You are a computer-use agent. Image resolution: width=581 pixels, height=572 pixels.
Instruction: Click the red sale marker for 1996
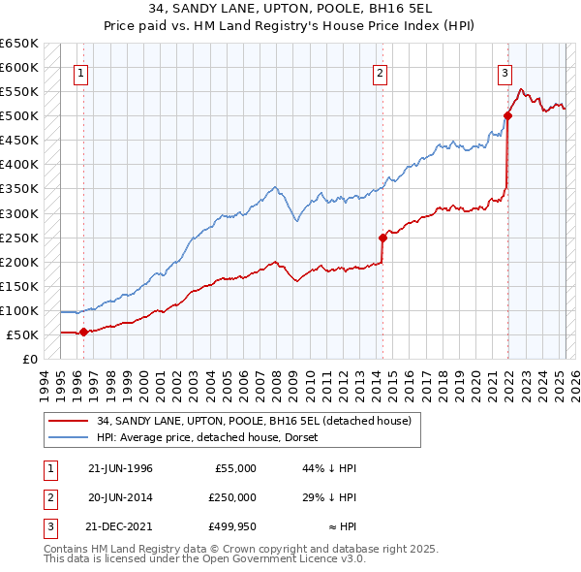(x=83, y=332)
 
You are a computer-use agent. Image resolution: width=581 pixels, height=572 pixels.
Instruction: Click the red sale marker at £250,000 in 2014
(x=382, y=238)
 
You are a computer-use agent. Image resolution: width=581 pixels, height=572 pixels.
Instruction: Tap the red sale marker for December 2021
(x=507, y=116)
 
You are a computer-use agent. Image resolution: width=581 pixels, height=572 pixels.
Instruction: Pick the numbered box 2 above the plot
(x=381, y=72)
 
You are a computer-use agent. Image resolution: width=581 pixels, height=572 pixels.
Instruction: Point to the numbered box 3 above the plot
(x=505, y=72)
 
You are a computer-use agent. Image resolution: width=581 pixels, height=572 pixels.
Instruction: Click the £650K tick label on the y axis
(x=19, y=44)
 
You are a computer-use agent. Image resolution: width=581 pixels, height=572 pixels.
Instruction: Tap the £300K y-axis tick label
(x=19, y=213)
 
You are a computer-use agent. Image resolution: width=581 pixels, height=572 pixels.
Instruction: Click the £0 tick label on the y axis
(x=30, y=359)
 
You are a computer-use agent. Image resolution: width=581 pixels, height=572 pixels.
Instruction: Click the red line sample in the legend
(x=69, y=421)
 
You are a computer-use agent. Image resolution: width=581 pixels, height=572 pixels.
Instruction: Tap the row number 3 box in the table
(x=48, y=526)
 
